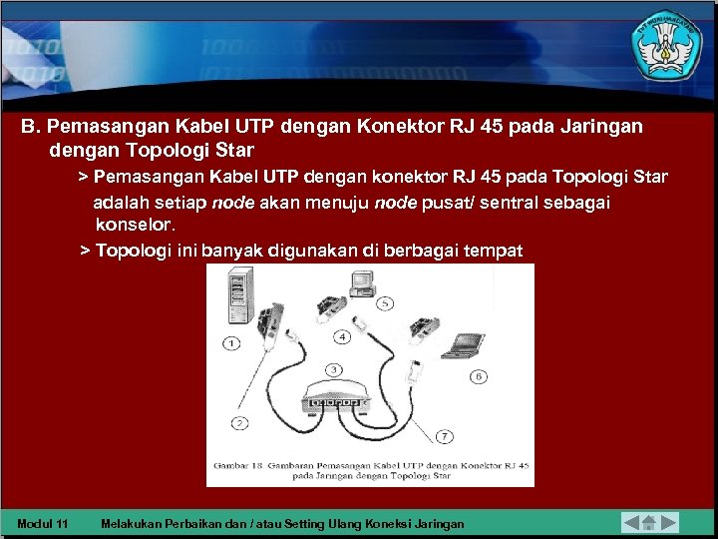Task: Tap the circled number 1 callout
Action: [231, 343]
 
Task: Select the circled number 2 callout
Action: [240, 422]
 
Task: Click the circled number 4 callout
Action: [342, 336]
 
